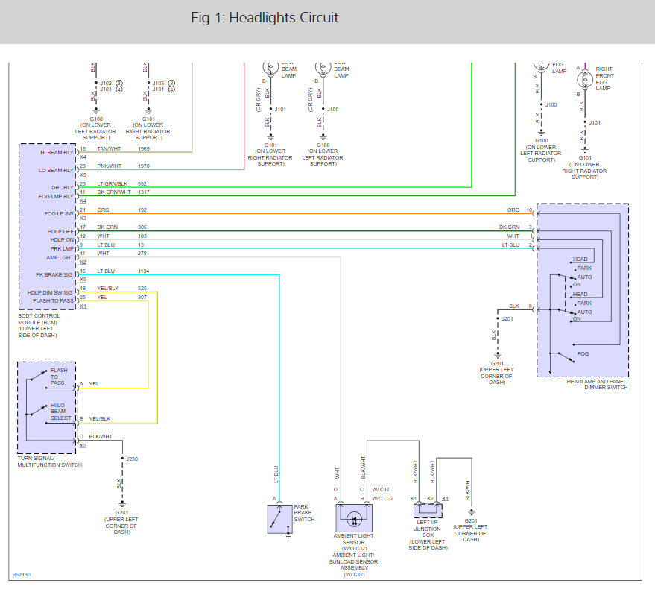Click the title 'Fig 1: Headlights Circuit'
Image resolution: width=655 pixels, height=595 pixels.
tap(265, 18)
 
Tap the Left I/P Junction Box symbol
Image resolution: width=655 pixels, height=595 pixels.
tap(428, 510)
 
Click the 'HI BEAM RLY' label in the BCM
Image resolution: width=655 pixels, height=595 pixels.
tap(57, 151)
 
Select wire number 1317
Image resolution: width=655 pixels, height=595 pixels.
tap(144, 192)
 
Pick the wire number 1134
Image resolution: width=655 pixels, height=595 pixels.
tap(144, 271)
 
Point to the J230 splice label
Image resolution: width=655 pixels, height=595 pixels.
tap(132, 459)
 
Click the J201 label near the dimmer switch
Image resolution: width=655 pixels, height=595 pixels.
tap(507, 318)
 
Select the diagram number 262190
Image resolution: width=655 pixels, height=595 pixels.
tap(22, 575)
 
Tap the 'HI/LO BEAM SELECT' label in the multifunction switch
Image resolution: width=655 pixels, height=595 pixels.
tap(60, 411)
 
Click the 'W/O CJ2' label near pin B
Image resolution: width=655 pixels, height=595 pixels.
tap(382, 498)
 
